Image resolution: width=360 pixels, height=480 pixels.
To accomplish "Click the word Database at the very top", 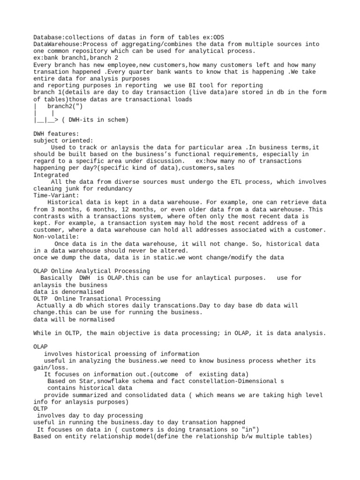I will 47,37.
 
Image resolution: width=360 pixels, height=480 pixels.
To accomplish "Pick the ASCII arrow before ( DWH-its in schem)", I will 51,120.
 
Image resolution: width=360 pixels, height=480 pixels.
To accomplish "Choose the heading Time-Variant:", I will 56,195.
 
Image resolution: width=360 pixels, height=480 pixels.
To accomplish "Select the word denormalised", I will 70,292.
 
